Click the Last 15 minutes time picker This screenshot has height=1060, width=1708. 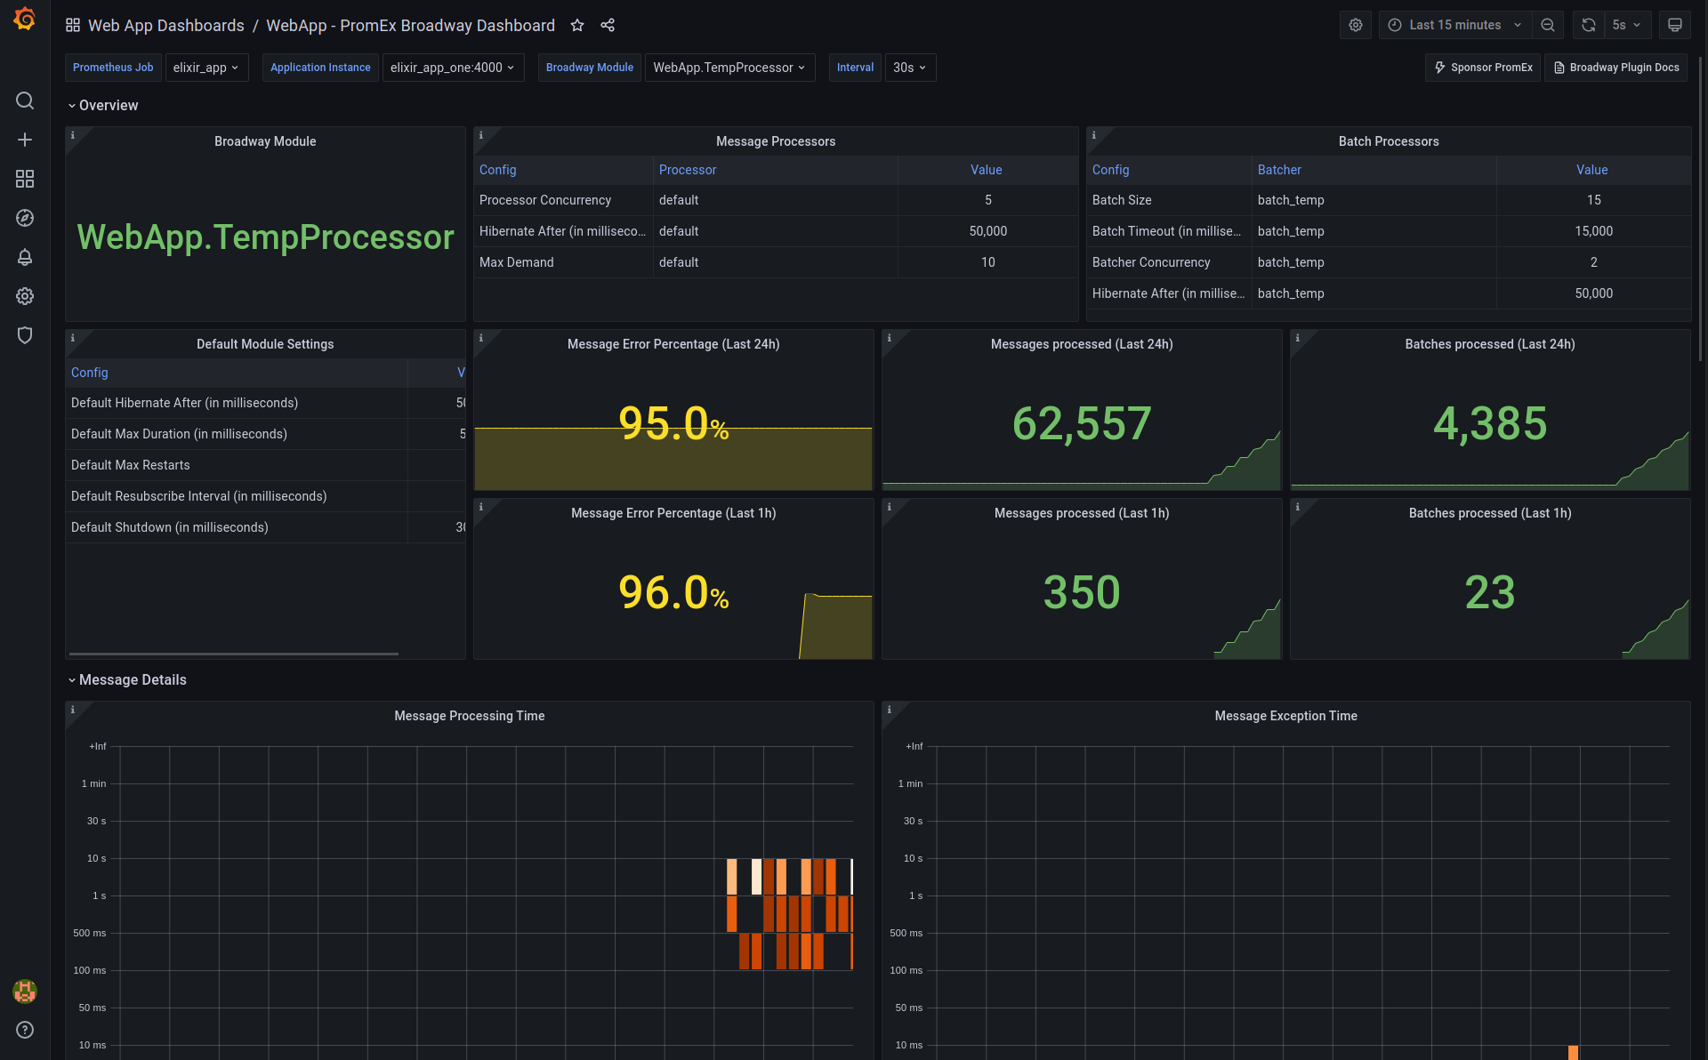[x=1454, y=25]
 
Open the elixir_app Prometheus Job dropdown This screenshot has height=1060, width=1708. [x=205, y=68]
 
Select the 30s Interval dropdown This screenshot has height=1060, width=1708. [x=909, y=68]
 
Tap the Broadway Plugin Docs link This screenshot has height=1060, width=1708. [x=1615, y=68]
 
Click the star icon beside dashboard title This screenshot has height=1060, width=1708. [x=577, y=25]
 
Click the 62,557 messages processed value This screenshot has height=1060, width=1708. [x=1081, y=423]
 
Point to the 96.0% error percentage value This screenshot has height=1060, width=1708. [x=673, y=593]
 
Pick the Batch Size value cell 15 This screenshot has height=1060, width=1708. [x=1592, y=200]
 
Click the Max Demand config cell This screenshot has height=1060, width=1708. [x=516, y=262]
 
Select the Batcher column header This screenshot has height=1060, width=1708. [x=1278, y=170]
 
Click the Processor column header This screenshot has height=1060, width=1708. [x=687, y=170]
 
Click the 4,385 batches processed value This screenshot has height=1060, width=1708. [x=1489, y=423]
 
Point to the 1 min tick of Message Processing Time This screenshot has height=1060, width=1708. [x=93, y=783]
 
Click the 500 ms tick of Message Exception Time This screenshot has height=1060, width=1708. [x=906, y=933]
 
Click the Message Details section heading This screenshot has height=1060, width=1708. [x=133, y=679]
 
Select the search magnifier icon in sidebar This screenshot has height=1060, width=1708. [x=25, y=100]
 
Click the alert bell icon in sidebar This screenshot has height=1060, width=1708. [x=25, y=257]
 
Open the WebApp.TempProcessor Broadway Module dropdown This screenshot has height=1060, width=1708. [x=729, y=68]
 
